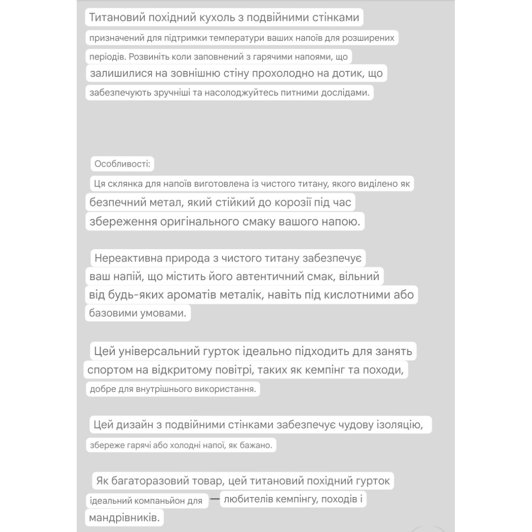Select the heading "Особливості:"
(x=122, y=164)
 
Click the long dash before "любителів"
(x=215, y=500)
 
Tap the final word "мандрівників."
(x=124, y=517)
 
